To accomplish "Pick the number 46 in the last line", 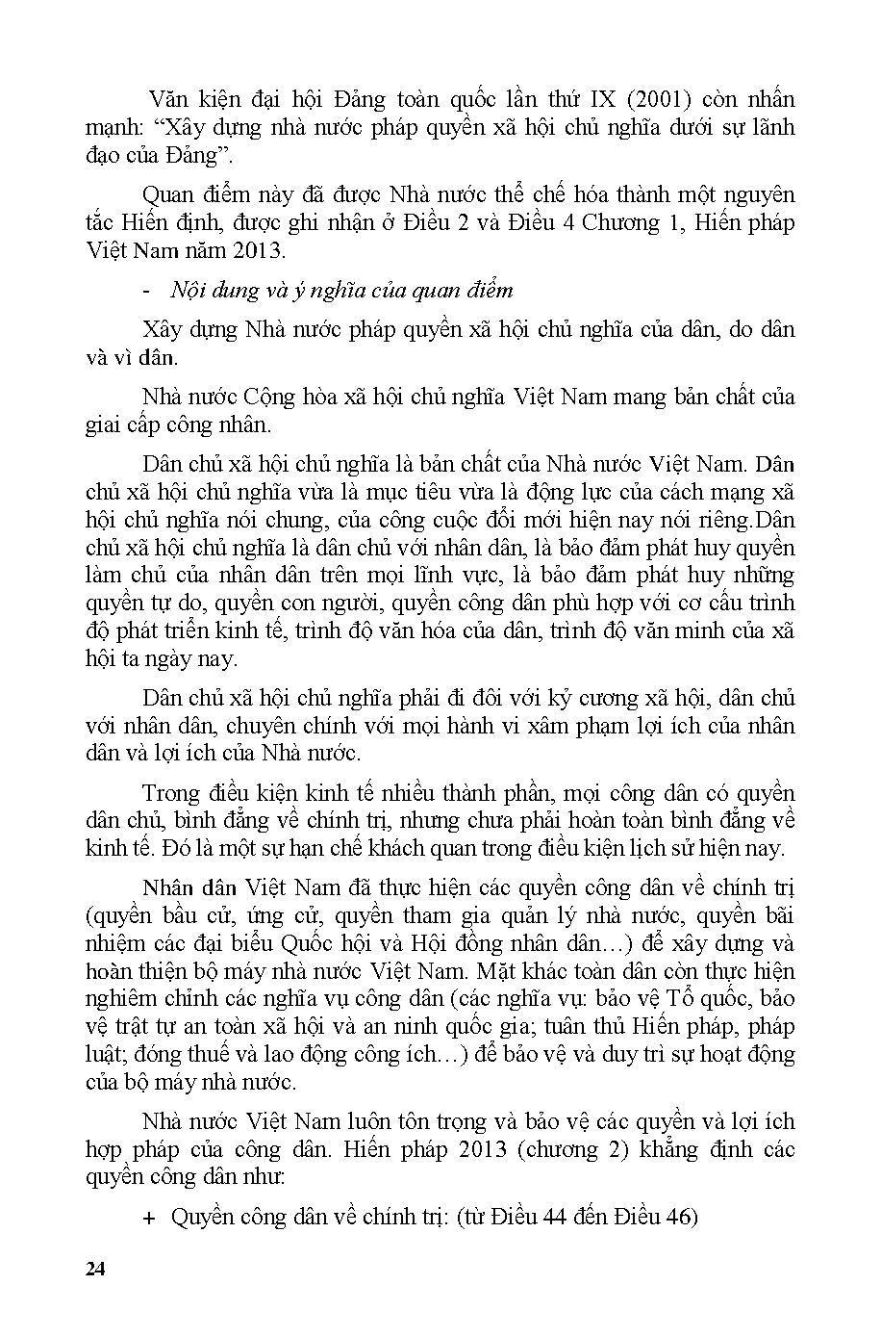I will click(679, 1217).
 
